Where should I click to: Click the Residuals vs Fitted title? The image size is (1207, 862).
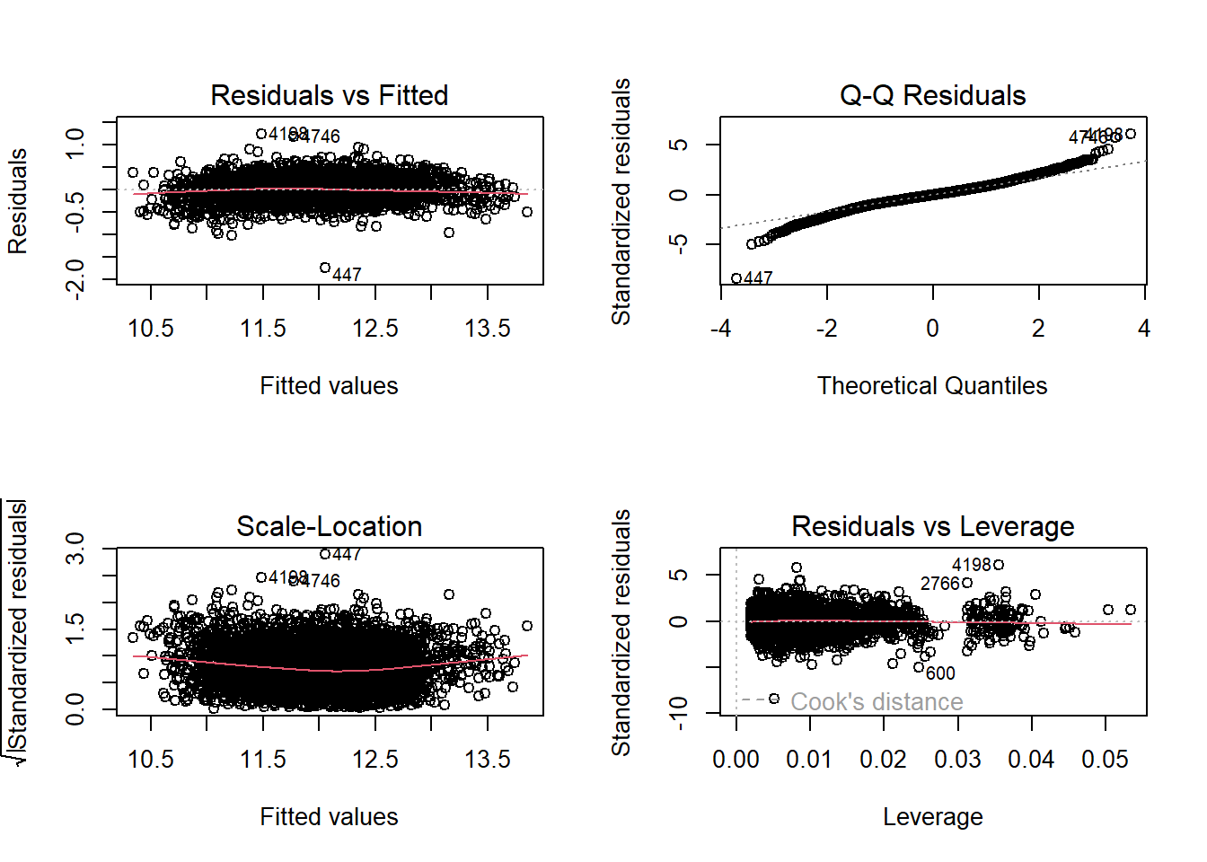(329, 95)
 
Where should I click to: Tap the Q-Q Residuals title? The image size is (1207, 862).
(932, 95)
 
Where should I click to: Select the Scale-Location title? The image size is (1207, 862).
(329, 526)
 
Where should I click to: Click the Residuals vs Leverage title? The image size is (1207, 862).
(932, 526)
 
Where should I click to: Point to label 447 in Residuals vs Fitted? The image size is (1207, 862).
(347, 275)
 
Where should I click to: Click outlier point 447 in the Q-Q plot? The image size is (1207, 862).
(736, 278)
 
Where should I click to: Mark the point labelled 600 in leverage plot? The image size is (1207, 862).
(919, 667)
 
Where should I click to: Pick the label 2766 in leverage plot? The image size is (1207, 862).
(940, 584)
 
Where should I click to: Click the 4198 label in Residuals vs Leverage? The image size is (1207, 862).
(972, 565)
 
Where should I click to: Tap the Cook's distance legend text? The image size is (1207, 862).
(877, 701)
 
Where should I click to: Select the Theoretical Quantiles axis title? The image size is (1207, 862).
(932, 386)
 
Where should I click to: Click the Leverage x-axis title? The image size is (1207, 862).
(932, 817)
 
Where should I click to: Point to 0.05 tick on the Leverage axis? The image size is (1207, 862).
(1105, 760)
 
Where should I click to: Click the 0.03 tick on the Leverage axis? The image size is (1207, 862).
(957, 760)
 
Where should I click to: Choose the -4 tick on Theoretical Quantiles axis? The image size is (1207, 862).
(720, 329)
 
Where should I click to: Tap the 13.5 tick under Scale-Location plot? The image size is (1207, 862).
(488, 760)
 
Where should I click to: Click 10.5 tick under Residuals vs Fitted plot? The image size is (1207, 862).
(151, 329)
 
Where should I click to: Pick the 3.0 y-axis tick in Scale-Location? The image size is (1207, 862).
(75, 548)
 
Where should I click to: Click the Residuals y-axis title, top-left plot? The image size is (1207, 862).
(18, 201)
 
